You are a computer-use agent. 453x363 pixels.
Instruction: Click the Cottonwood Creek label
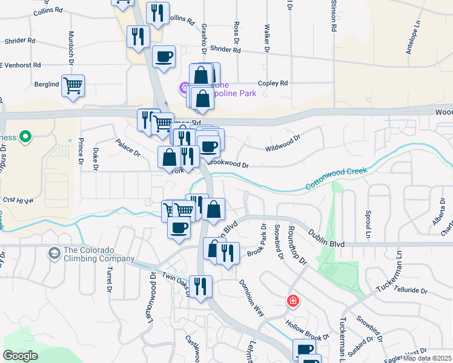[x=336, y=180]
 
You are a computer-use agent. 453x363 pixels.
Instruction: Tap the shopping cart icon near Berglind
[x=73, y=85]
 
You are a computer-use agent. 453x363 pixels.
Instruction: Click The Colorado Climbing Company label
[x=99, y=255]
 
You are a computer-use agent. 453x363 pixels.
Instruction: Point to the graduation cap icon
[x=55, y=252]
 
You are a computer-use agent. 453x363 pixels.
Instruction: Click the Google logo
[x=21, y=356]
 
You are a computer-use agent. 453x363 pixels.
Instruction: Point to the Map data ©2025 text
[x=428, y=358]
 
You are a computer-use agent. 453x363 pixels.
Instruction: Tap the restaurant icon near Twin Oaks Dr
[x=200, y=286]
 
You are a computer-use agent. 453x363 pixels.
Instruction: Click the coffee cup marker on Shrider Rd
[x=164, y=57]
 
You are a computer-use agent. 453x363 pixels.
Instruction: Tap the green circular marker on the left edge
[x=25, y=137]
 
